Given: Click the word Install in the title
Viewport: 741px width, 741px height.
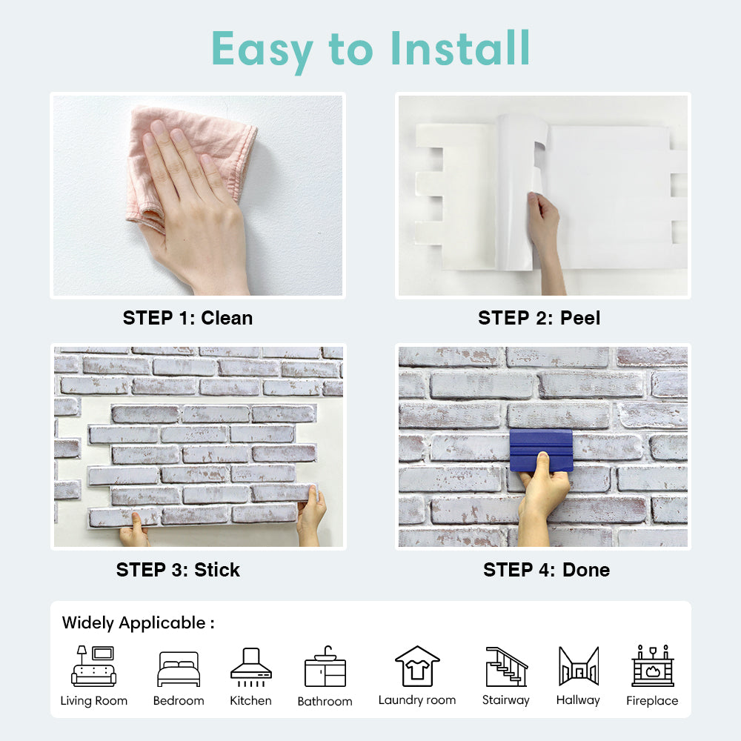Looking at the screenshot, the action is point(460,48).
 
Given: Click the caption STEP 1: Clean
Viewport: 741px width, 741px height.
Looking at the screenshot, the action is point(187,318).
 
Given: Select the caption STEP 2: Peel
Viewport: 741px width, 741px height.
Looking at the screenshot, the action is point(539,318).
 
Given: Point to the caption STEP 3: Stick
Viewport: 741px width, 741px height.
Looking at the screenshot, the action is point(178,570).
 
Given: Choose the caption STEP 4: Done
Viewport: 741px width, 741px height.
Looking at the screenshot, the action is point(546,570).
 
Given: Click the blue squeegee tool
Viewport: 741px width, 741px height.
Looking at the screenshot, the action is point(541,451).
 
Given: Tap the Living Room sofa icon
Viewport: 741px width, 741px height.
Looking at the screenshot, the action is point(93,666).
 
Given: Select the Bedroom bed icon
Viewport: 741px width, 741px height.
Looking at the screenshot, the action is point(179,668).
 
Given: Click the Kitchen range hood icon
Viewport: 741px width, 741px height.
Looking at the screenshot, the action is point(251,667).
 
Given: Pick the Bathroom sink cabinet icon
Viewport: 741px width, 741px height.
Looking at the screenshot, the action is point(325,666).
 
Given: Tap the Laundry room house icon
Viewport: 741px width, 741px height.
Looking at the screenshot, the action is point(417,666).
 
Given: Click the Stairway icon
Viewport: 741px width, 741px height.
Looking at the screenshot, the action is point(507,666).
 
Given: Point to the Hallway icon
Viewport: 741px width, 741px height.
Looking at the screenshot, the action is point(579,666).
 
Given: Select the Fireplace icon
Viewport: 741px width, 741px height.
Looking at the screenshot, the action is point(653,665).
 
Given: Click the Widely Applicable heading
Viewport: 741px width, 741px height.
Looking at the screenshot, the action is point(138,623).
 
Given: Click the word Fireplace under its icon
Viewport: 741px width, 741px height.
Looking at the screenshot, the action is point(652,700).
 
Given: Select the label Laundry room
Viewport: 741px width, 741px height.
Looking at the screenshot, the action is point(416,700).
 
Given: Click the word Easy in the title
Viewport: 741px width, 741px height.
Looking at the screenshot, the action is point(262,50).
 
